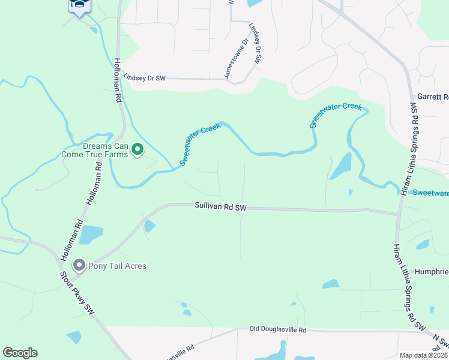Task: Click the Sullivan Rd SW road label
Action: pos(220,206)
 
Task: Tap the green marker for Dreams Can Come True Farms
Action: pos(137,149)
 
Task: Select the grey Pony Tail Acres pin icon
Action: pos(79,265)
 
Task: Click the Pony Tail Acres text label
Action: pos(117,266)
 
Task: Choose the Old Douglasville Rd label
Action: pos(278,330)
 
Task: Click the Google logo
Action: pos(20,353)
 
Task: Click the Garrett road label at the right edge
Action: pos(432,97)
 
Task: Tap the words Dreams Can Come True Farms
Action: pos(95,150)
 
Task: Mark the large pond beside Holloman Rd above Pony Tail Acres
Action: pos(91,235)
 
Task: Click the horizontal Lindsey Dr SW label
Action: pos(144,78)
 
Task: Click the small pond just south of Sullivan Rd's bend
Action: pos(149,226)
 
